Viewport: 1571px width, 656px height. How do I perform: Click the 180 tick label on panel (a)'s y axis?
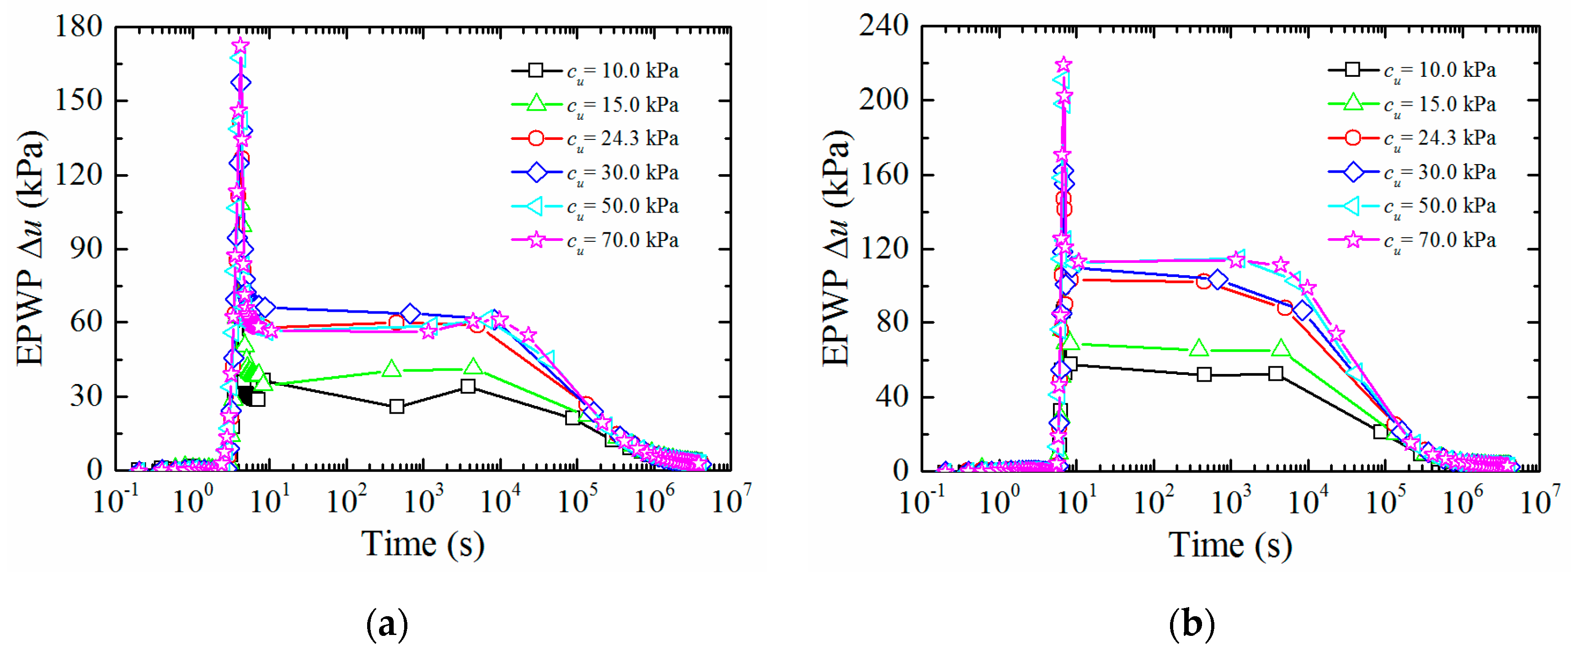point(78,27)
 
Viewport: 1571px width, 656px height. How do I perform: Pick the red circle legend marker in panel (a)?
point(536,139)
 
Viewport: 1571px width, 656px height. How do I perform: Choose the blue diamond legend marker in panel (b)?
point(1352,172)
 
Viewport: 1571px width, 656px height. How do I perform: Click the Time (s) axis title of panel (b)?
point(1229,545)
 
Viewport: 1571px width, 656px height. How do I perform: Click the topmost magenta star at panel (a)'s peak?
point(240,46)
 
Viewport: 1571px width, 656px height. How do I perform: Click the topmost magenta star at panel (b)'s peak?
point(1063,64)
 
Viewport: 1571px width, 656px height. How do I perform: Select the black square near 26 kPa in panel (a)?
point(396,406)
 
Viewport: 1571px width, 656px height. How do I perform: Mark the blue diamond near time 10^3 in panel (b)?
point(1217,280)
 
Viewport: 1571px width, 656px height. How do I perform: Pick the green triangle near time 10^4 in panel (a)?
point(473,367)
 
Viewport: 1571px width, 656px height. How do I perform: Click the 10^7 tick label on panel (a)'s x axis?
point(731,501)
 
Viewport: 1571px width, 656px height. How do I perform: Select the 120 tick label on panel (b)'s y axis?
point(883,249)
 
